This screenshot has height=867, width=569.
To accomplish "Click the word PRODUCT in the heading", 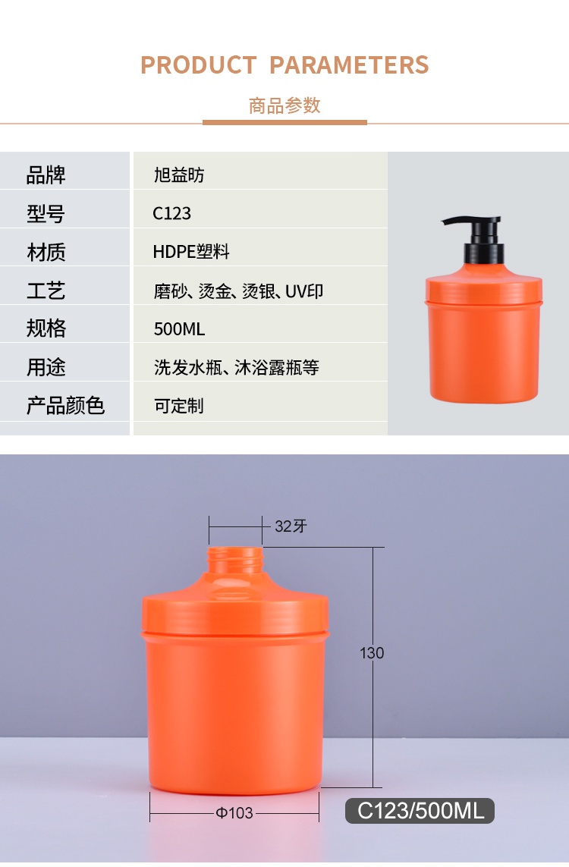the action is click(x=199, y=65).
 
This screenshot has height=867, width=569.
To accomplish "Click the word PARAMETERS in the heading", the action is click(x=349, y=65).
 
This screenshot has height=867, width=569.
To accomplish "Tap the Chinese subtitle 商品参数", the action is click(x=284, y=105).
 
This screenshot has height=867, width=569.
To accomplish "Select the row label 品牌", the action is click(x=46, y=174).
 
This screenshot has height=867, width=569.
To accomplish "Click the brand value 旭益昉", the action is click(x=179, y=175).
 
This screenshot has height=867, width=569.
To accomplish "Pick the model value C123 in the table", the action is click(x=172, y=213).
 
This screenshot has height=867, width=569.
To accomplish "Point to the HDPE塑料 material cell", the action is click(x=191, y=252).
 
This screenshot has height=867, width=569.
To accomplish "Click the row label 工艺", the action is click(x=46, y=291).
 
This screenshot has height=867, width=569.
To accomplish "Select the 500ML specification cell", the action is click(x=179, y=329).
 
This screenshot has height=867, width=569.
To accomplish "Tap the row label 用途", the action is click(x=46, y=367).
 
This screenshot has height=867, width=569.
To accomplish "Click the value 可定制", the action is click(x=179, y=406).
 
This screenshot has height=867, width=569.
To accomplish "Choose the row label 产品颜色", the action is click(x=65, y=405).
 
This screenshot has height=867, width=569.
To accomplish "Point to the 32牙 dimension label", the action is click(x=291, y=526).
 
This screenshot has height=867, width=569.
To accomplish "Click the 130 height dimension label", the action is click(x=372, y=653).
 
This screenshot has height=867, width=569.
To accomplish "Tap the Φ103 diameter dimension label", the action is click(x=234, y=813).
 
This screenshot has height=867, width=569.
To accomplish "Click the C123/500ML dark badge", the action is click(x=420, y=811).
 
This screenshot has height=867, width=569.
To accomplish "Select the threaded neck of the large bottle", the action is click(x=235, y=561).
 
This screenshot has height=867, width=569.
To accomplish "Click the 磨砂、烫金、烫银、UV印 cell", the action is click(x=238, y=291).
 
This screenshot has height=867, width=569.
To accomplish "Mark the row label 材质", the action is click(x=46, y=252).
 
